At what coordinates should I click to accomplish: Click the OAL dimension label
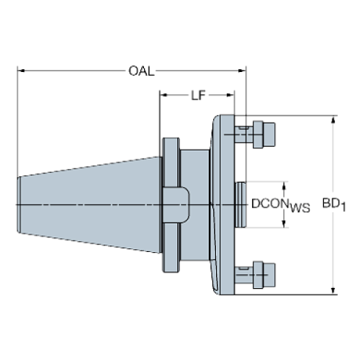(x=142, y=71)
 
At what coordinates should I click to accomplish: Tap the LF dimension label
(x=198, y=96)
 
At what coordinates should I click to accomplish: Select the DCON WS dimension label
(x=281, y=206)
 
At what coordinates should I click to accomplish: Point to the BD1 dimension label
(x=334, y=205)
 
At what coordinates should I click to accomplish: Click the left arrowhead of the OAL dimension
(x=21, y=71)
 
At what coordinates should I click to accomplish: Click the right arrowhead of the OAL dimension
(x=242, y=71)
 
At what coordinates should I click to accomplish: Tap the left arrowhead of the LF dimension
(x=164, y=95)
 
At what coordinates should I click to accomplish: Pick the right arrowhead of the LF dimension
(x=231, y=95)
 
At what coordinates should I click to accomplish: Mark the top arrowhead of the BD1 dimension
(x=333, y=119)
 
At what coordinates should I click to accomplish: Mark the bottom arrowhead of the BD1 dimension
(x=333, y=291)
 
